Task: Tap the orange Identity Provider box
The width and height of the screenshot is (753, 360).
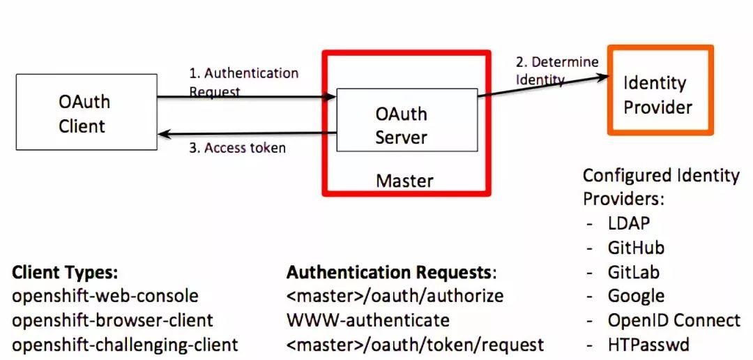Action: point(660,90)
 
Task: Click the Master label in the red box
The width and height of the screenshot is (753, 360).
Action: point(404,181)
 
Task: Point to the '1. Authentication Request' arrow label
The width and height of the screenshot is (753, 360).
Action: point(243,82)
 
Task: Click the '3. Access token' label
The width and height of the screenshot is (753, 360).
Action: point(237,148)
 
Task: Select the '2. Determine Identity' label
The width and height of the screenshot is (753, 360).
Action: point(556,70)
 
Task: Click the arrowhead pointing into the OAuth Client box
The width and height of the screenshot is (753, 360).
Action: point(161,133)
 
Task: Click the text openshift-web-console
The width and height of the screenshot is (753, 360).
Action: point(105,296)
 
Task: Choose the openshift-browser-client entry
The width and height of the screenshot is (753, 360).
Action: point(112,320)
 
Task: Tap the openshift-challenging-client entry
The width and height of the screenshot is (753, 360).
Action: point(125,344)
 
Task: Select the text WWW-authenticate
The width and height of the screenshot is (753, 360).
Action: point(367,320)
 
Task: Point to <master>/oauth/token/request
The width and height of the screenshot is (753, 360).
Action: point(415,344)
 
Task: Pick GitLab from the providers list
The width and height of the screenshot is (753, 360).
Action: point(633,271)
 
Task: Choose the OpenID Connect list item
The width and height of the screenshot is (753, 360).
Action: point(674,320)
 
